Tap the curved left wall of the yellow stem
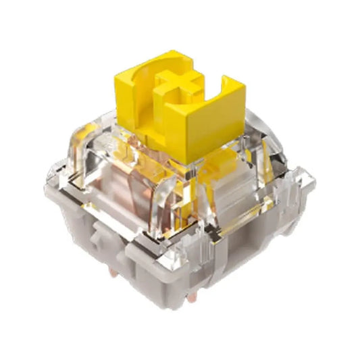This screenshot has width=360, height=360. point(132,95)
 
